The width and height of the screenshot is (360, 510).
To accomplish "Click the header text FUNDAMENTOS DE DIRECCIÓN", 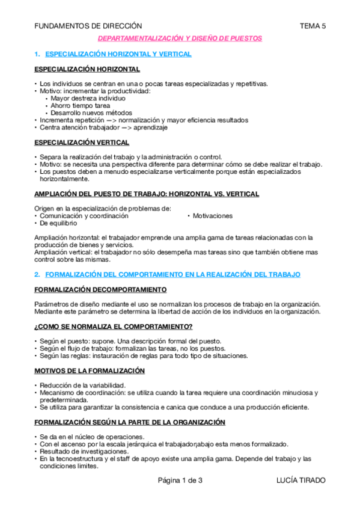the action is point(88,26).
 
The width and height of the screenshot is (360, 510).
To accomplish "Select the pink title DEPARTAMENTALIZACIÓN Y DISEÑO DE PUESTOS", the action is point(180,38).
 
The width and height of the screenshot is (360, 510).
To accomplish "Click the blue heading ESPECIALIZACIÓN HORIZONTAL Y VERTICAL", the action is point(118,54).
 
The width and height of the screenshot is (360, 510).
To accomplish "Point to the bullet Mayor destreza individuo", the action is point(88,97).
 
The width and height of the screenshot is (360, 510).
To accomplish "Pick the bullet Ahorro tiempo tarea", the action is point(80,105).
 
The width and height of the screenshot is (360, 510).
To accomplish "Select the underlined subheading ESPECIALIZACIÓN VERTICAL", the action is point(82,143).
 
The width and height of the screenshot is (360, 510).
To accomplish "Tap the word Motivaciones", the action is point(212,215).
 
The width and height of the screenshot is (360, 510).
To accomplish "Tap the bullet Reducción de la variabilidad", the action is point(82,385).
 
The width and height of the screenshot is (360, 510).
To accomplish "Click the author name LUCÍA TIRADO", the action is point(301,480).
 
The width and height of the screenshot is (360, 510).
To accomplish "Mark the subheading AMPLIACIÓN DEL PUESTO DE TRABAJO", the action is point(147,194).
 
